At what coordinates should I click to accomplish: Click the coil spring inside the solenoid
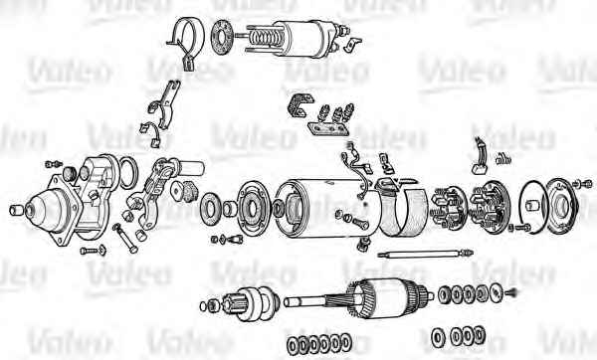tap(264, 38)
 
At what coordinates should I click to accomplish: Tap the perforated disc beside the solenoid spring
tap(222, 37)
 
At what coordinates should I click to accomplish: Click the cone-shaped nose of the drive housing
tap(46, 210)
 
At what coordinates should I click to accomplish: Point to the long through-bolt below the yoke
tap(425, 254)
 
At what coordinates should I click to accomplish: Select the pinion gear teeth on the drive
tap(231, 302)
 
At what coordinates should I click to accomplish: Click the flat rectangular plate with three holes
tap(327, 128)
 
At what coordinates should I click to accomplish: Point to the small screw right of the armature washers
tap(511, 292)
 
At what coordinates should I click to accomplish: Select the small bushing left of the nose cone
tap(16, 210)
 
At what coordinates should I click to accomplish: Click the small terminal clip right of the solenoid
tap(352, 44)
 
